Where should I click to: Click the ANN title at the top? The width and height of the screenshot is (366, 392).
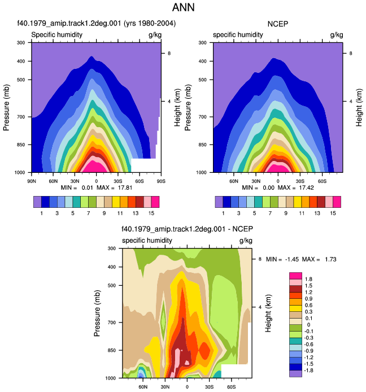[x=183, y=7]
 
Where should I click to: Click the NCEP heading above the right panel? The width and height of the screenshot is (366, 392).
[x=278, y=24]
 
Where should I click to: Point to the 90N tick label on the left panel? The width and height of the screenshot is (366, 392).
[x=32, y=181]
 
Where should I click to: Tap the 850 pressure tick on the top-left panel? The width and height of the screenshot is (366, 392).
[x=21, y=145]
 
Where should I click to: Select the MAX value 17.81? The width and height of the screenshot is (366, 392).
[x=125, y=188]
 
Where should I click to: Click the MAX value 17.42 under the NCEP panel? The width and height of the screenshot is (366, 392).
[x=307, y=188]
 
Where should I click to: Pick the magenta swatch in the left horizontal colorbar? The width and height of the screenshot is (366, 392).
[x=155, y=202]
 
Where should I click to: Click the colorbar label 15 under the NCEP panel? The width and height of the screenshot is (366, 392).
[x=333, y=214]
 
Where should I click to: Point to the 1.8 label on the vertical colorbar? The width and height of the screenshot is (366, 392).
[x=308, y=279]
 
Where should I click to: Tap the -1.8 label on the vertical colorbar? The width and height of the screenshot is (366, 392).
[x=308, y=370]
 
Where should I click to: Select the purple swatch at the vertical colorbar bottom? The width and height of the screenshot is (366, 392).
[x=295, y=373]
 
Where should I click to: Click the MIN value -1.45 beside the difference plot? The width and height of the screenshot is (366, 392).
[x=292, y=259]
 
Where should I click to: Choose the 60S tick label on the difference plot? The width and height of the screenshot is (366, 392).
[x=231, y=387]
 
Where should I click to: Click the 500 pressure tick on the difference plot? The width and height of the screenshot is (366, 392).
[x=112, y=285]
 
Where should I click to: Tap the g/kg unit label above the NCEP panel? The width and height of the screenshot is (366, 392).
[x=337, y=35]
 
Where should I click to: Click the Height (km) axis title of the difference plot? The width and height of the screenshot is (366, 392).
[x=268, y=313]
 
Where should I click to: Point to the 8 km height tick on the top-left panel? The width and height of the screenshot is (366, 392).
[x=169, y=54]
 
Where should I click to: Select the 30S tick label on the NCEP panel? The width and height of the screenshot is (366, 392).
[x=300, y=181]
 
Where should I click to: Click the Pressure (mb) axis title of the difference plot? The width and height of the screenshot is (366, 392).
[x=97, y=313]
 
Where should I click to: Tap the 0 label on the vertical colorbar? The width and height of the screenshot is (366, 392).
[x=308, y=325]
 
